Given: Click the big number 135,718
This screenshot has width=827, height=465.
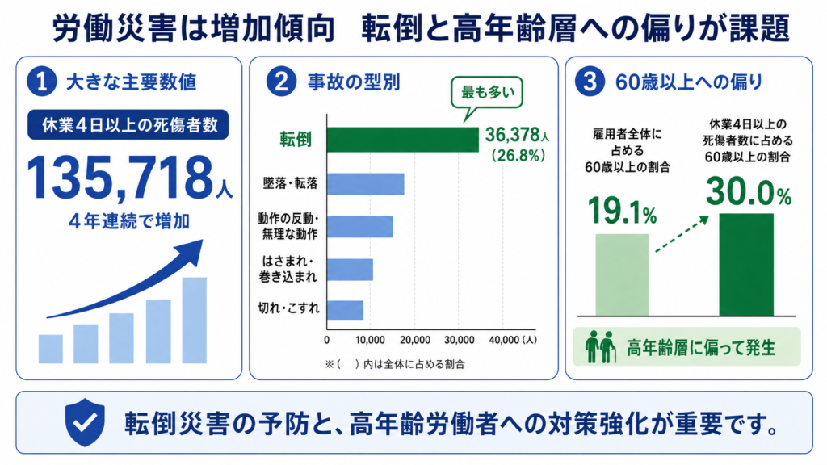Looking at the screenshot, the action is [120, 178].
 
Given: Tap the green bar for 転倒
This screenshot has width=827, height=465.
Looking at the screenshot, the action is [403, 140].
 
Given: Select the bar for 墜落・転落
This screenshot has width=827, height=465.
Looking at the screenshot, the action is [366, 184].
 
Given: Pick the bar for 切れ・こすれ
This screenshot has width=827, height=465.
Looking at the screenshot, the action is [345, 311].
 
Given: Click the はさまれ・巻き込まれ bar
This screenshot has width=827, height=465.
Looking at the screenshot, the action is [350, 270].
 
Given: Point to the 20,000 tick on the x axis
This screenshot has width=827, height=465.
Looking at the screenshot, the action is [414, 340].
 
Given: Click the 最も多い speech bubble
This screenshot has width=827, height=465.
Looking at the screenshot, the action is [486, 97].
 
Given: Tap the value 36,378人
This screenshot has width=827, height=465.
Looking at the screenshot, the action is [517, 136].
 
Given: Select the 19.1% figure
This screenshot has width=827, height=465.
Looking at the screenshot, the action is [622, 211].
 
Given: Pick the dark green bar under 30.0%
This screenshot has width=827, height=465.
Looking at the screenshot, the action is [746, 265].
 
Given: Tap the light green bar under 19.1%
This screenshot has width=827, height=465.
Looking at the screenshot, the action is [622, 275].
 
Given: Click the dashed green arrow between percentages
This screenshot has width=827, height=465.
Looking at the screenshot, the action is [682, 234].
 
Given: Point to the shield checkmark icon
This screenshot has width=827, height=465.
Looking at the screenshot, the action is [85, 421].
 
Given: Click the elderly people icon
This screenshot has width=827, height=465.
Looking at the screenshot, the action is [601, 347].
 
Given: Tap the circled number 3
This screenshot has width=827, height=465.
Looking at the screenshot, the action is [590, 82].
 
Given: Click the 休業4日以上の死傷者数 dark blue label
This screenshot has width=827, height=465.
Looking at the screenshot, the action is [128, 125].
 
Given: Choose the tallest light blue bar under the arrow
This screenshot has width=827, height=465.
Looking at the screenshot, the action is [195, 320].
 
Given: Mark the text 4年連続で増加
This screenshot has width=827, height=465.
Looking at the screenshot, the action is [129, 221].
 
